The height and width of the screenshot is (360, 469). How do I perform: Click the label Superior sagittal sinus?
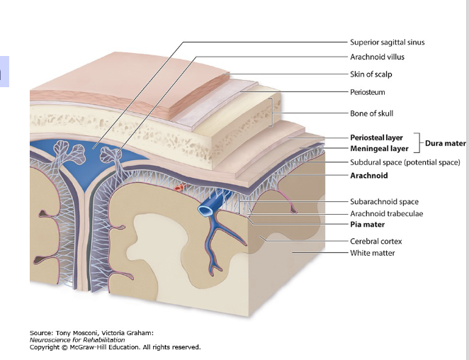(387, 42)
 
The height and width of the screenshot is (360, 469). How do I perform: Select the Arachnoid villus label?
(377, 57)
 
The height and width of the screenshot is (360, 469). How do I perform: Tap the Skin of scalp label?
(371, 74)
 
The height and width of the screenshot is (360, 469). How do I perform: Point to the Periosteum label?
(368, 92)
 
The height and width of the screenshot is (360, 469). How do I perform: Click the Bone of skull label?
(371, 113)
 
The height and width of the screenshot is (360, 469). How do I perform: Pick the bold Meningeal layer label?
(379, 149)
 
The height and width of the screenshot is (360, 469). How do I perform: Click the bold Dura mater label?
(445, 143)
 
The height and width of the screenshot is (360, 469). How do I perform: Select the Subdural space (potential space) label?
(405, 162)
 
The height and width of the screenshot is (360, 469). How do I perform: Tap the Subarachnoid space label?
(384, 202)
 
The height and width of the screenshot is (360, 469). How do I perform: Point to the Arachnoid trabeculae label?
(386, 214)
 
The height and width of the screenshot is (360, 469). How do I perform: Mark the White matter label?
(372, 253)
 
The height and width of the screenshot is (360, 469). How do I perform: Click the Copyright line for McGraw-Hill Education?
(115, 347)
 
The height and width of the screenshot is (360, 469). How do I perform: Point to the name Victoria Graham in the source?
(130, 332)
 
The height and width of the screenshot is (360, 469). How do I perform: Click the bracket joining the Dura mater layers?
(418, 143)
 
